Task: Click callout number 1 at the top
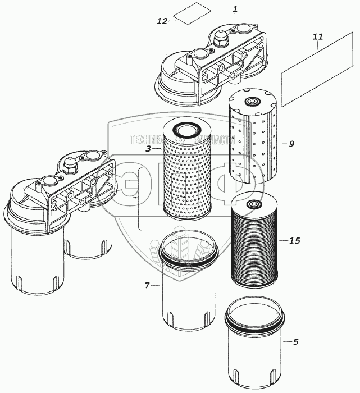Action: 235,10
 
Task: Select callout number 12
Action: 162,21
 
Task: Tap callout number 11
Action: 318,37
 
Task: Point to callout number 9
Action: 291,144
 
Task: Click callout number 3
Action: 148,149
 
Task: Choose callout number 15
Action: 295,240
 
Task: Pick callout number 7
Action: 147,286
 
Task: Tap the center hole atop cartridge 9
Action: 250,102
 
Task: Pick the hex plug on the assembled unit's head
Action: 70,166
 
